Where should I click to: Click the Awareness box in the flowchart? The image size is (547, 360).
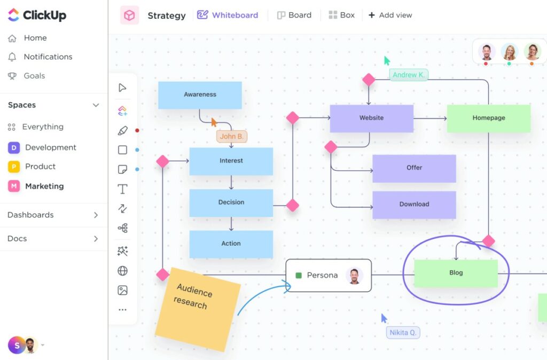pyautogui.click(x=200, y=95)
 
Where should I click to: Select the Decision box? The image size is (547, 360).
pyautogui.click(x=231, y=202)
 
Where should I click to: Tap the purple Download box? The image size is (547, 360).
pyautogui.click(x=414, y=204)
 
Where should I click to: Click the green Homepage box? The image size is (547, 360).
pyautogui.click(x=488, y=118)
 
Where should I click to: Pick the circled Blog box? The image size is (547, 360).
pyautogui.click(x=456, y=273)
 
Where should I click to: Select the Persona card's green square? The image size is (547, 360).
pyautogui.click(x=299, y=276)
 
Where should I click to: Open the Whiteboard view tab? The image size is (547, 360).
pyautogui.click(x=228, y=15)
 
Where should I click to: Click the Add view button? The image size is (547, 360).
pyautogui.click(x=390, y=15)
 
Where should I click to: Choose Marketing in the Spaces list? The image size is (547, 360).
pyautogui.click(x=44, y=186)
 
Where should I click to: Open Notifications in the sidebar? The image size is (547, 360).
pyautogui.click(x=48, y=57)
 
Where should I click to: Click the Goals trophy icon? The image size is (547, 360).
pyautogui.click(x=12, y=76)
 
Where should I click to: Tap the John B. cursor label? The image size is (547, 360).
pyautogui.click(x=232, y=136)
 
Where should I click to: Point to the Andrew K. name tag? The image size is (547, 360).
pyautogui.click(x=409, y=75)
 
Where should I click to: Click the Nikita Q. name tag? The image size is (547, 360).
pyautogui.click(x=403, y=332)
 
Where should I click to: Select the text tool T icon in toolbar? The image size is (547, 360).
pyautogui.click(x=122, y=189)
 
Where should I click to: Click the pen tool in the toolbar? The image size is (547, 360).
pyautogui.click(x=122, y=130)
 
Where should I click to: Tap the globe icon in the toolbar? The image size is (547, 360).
pyautogui.click(x=122, y=271)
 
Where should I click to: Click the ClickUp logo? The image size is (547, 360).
pyautogui.click(x=37, y=15)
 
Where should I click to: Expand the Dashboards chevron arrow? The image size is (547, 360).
pyautogui.click(x=96, y=215)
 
